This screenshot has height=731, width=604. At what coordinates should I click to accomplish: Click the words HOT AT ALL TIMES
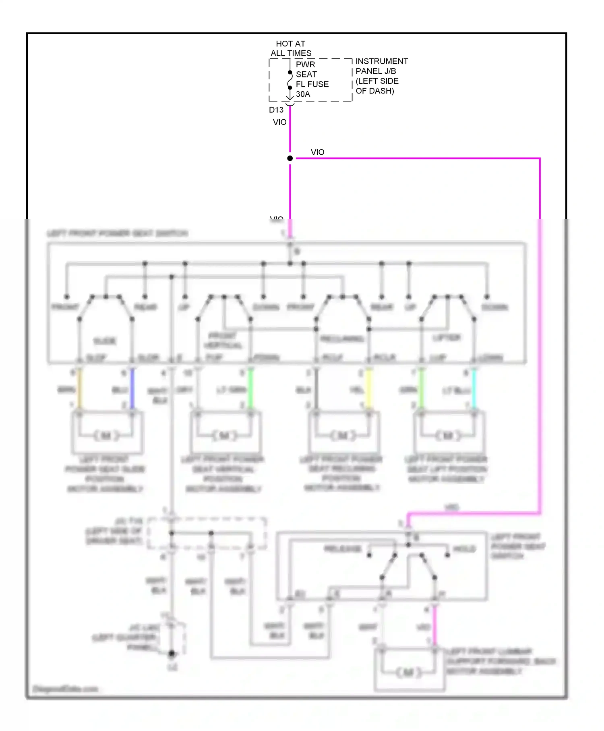click(291, 48)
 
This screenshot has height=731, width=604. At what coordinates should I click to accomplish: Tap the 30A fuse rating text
click(303, 94)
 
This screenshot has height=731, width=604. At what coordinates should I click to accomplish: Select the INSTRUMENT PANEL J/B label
click(381, 66)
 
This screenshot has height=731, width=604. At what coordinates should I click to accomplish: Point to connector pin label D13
click(276, 110)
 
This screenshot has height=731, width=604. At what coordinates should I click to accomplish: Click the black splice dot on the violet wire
click(290, 158)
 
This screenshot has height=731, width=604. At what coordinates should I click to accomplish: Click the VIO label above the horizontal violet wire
click(317, 152)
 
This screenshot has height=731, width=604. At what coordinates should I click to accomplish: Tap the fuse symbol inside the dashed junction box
click(290, 80)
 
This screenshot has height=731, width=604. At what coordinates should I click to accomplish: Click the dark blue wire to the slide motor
click(132, 389)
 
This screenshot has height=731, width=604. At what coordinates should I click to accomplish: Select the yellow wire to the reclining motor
click(368, 389)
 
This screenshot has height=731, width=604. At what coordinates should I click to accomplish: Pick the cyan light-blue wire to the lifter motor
click(474, 389)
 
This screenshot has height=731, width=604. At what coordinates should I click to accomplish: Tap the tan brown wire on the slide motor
click(80, 389)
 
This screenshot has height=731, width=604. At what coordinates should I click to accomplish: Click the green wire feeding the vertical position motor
click(250, 389)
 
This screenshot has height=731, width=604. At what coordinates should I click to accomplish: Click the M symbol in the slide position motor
click(106, 436)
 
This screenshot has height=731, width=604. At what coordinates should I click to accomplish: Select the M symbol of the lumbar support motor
click(408, 672)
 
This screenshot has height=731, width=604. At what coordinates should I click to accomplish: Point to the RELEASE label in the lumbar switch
click(343, 549)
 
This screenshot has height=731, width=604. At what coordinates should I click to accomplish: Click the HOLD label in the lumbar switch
click(464, 549)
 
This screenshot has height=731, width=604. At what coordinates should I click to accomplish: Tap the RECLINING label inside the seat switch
click(342, 339)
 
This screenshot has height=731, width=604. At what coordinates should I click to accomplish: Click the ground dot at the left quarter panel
click(172, 653)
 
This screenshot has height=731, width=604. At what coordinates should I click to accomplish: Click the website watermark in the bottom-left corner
click(65, 689)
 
